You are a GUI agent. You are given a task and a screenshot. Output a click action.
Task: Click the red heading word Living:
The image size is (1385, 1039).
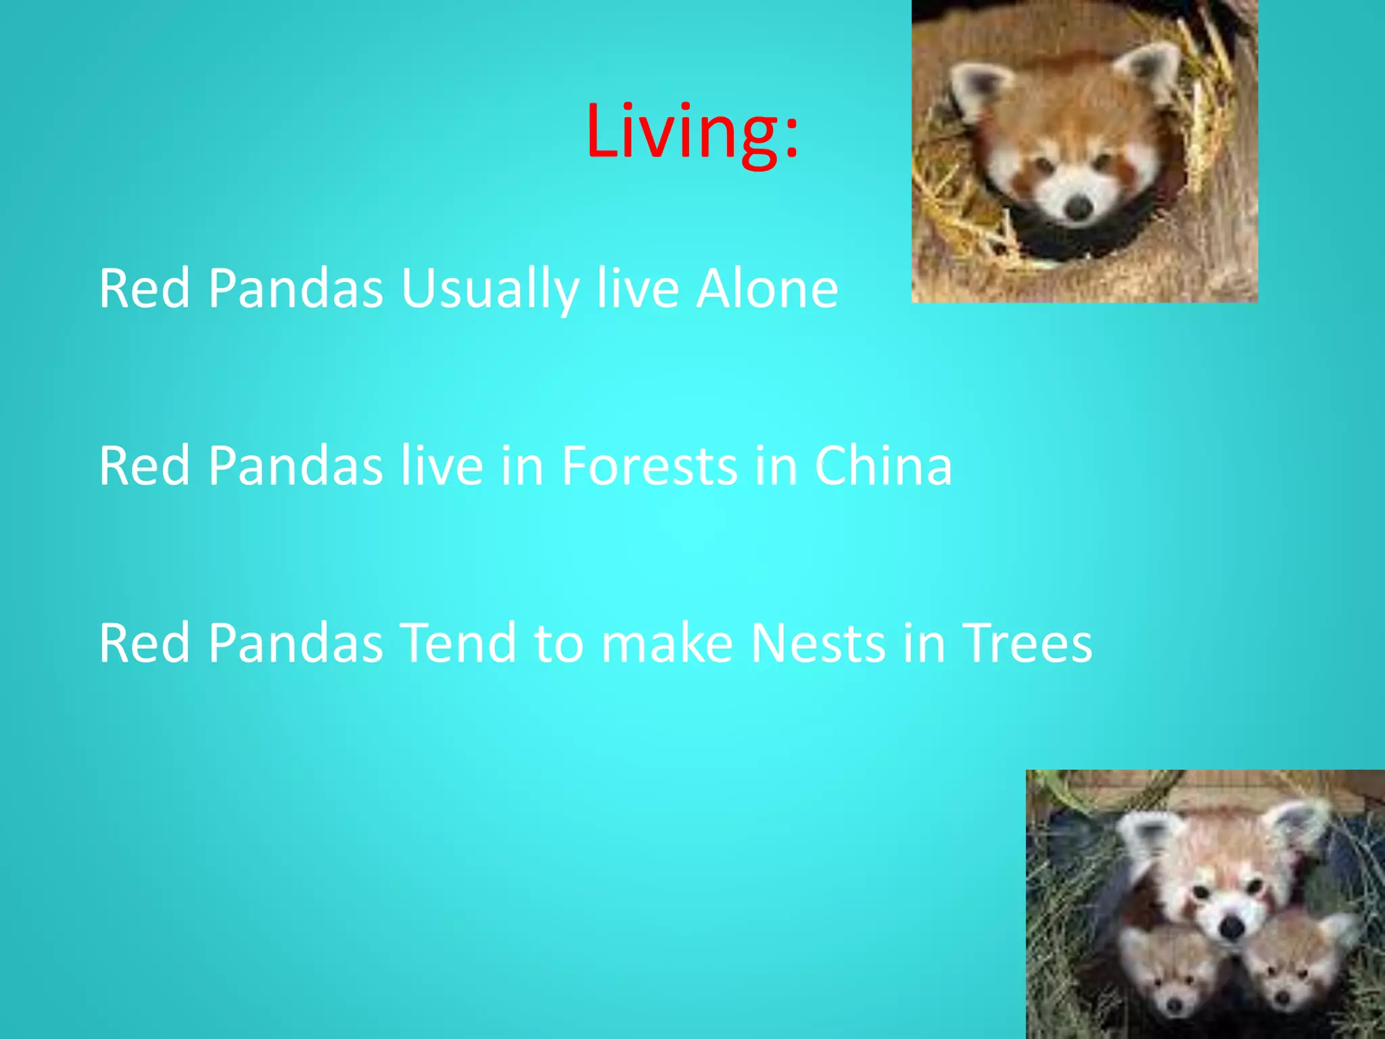tap(692, 133)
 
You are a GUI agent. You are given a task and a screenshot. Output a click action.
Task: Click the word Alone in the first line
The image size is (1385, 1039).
tap(768, 290)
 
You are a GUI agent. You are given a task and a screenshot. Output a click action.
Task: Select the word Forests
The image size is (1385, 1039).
tap(649, 466)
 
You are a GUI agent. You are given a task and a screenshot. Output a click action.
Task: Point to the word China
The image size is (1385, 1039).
tap(883, 466)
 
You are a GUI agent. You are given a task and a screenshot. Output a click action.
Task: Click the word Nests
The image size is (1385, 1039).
tap(818, 643)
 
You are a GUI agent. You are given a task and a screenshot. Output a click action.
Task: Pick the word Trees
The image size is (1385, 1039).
tap(1027, 643)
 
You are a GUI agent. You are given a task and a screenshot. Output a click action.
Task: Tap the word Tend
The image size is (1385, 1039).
tap(459, 643)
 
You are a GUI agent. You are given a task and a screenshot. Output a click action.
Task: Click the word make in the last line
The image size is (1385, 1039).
tap(667, 643)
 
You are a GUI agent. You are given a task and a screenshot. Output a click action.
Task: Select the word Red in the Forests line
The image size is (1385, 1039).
tap(144, 466)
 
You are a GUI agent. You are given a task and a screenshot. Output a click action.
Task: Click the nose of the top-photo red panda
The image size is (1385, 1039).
tap(1078, 207)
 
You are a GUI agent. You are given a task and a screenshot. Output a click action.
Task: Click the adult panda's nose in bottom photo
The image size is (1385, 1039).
tap(1232, 926)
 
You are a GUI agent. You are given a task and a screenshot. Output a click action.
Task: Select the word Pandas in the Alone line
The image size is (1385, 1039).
tap(296, 290)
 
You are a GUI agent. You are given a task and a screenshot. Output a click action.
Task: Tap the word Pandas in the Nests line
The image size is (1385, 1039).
tap(296, 643)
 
